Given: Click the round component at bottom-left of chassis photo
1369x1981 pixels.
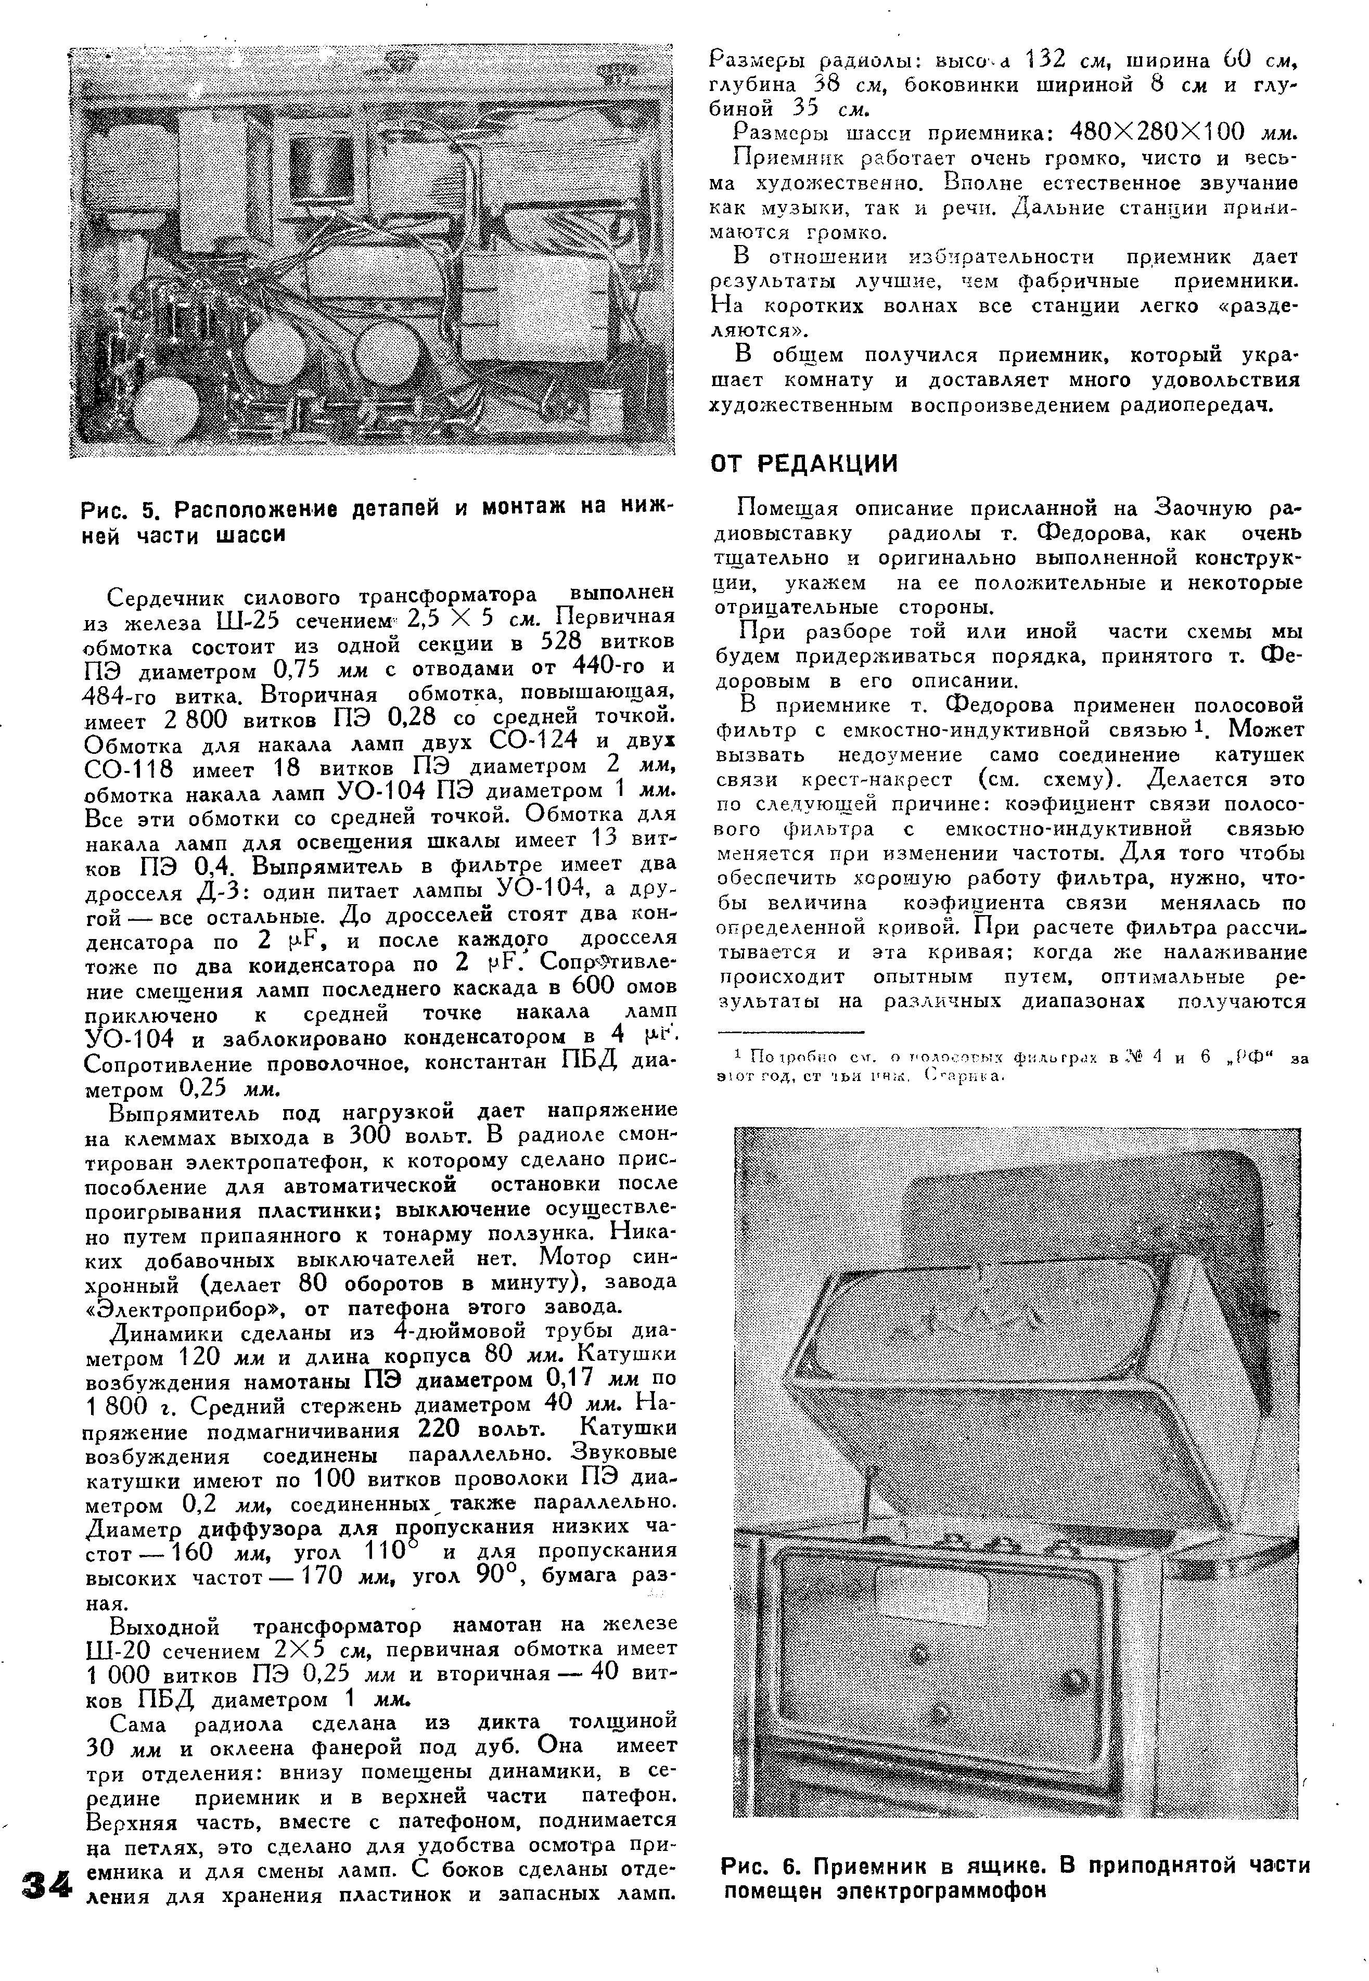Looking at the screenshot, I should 169,407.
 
